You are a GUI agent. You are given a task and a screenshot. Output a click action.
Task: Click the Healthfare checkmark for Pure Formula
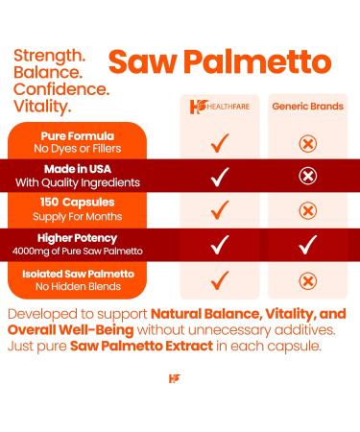coord(220,143)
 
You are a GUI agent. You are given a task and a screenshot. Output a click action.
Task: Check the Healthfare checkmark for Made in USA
coord(220,177)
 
